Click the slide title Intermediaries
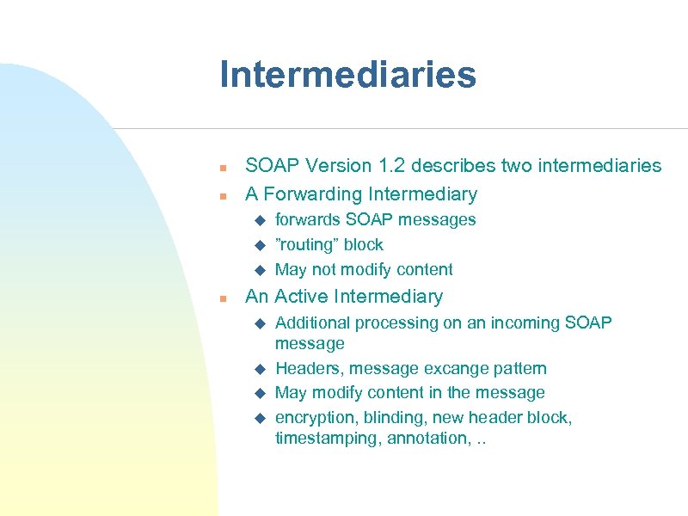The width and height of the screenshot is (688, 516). pyautogui.click(x=347, y=75)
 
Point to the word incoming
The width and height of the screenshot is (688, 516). pyautogui.click(x=519, y=322)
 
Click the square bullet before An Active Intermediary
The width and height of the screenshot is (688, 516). pyautogui.click(x=222, y=298)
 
